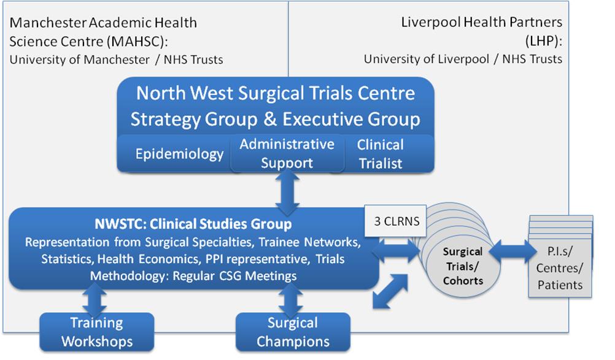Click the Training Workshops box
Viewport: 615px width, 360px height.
97,332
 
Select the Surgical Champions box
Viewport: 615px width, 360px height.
293,332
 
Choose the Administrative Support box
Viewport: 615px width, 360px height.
287,153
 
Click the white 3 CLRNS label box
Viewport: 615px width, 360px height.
395,221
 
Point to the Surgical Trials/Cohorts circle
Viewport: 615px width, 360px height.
463,266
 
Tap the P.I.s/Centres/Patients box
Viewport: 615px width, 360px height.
560,268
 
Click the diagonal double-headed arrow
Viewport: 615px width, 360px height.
390,291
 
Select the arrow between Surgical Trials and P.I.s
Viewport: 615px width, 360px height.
513,251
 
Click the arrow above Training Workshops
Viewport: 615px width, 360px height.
95,300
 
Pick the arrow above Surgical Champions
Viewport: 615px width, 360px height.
290,300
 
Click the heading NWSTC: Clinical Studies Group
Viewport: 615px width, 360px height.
193,224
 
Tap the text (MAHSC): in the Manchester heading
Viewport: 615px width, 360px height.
139,42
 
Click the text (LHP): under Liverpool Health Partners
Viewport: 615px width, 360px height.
544,40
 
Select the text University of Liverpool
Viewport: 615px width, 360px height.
427,59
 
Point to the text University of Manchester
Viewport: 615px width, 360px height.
79,59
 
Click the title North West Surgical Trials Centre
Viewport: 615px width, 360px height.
276,93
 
